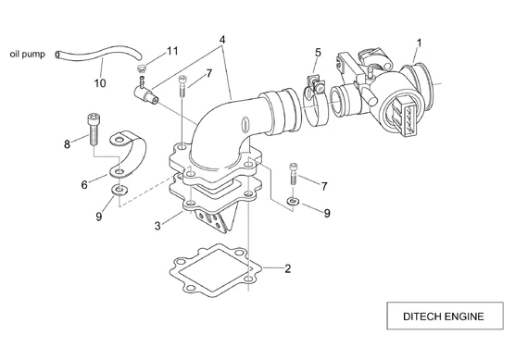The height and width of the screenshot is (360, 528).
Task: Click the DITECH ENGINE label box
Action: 445,316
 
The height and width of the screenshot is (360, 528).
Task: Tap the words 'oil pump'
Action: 27,55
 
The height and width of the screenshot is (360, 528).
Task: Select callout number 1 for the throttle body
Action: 419,43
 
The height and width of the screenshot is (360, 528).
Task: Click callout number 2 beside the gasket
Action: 287,268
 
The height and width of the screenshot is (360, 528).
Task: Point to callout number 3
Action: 157,226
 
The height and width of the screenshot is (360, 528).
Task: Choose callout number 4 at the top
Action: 222,40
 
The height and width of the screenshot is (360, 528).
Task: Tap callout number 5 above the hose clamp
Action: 318,53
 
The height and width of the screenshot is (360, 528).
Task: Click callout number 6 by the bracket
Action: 84,184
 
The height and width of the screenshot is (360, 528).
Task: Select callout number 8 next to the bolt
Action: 67,144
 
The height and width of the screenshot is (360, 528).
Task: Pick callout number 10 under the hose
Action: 100,82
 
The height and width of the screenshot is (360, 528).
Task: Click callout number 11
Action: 172,51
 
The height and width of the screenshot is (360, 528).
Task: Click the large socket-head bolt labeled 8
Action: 94,130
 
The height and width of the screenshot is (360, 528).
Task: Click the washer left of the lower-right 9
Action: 293,202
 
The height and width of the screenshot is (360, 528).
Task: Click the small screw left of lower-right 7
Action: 294,173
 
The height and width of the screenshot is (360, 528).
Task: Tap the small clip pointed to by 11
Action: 142,68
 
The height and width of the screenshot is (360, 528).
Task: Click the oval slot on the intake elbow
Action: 245,125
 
